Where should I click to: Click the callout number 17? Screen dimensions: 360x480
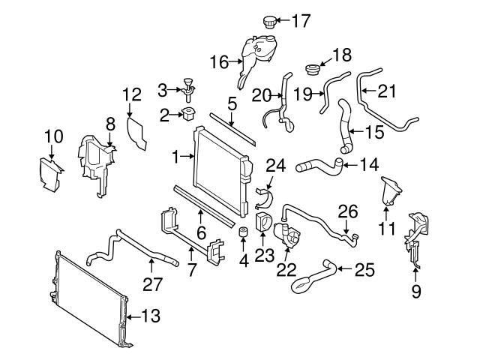click(300, 21)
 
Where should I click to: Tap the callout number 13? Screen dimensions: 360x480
click(151, 316)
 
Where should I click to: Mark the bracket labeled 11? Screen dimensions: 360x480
click(390, 190)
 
